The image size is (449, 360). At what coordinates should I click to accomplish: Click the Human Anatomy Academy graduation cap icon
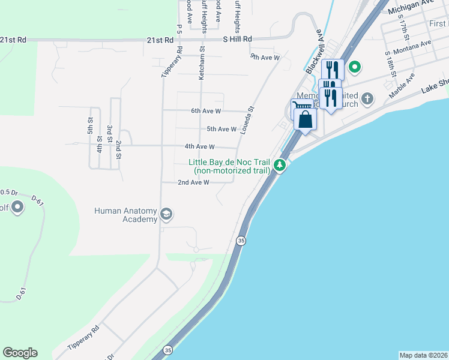(x=167, y=214)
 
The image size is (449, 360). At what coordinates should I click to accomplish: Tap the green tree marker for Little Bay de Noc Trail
(x=279, y=164)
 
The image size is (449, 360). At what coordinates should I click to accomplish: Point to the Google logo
(x=20, y=353)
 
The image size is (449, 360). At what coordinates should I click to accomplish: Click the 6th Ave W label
(x=206, y=111)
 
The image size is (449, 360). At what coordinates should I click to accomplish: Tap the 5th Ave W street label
(x=221, y=129)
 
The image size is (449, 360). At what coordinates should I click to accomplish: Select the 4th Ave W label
(x=199, y=146)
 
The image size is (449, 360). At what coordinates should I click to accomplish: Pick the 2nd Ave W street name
(x=193, y=182)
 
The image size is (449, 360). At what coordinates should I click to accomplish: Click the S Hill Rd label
(x=237, y=39)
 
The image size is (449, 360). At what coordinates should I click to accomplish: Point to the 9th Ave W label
(x=265, y=58)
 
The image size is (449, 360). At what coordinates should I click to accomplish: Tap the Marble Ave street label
(x=402, y=86)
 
